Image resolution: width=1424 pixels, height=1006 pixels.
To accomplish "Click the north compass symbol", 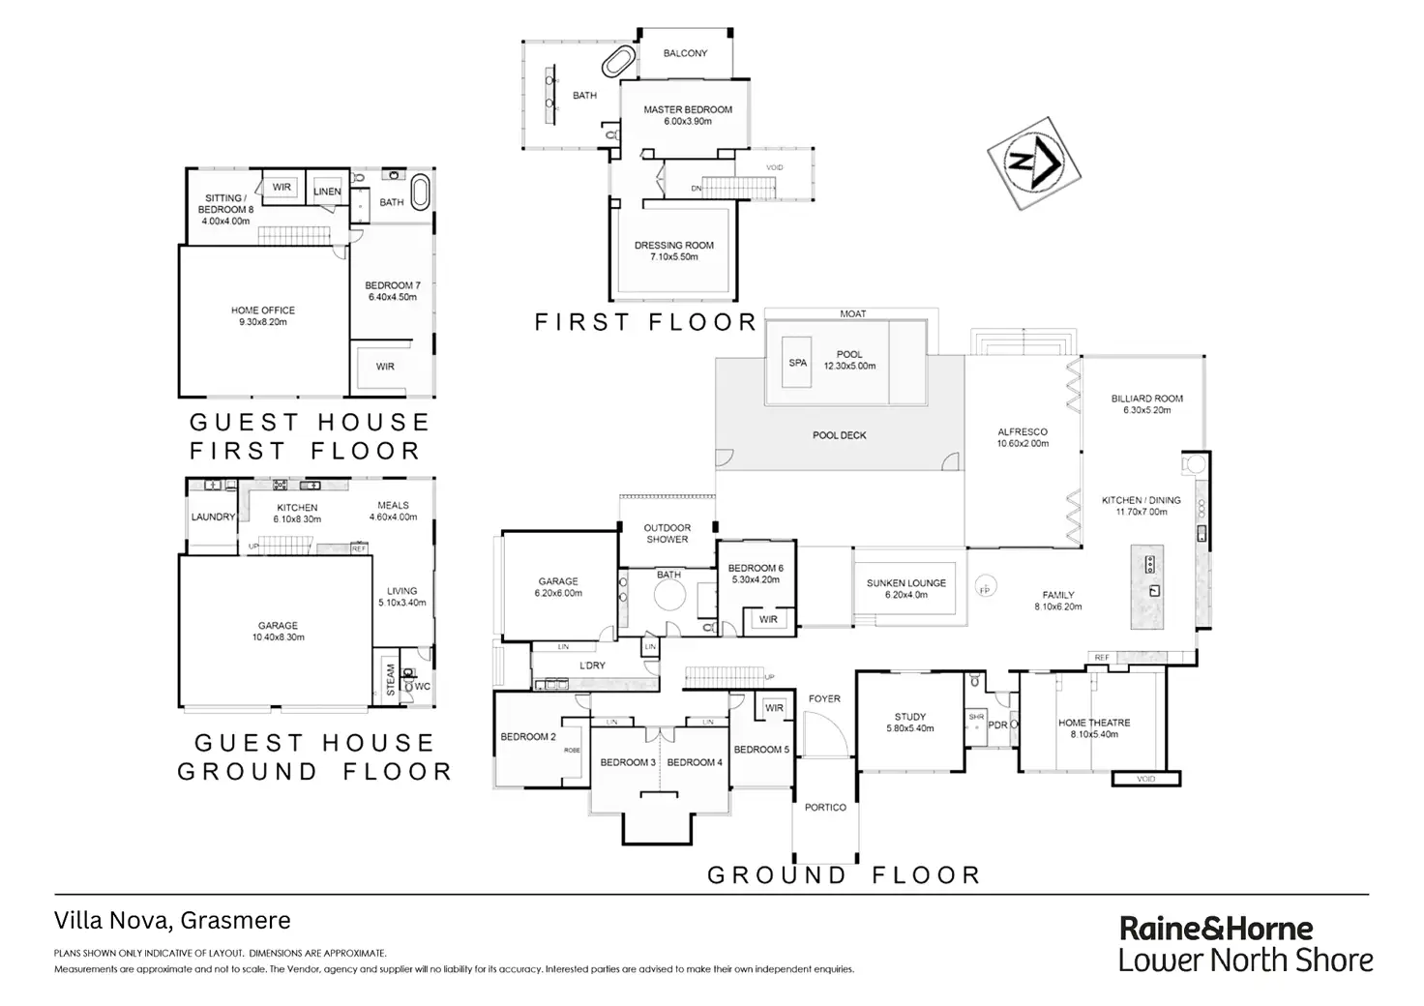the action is (x=1033, y=163).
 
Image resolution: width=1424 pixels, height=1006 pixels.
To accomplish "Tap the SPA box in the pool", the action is (x=798, y=363).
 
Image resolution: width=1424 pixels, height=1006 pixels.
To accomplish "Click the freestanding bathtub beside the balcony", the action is (x=618, y=63).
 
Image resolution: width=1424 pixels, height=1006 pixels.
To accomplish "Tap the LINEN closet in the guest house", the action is (x=327, y=191).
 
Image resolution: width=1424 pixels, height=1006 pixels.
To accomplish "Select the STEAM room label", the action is (x=391, y=680).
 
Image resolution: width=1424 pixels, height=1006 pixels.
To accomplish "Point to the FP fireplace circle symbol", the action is (x=985, y=589).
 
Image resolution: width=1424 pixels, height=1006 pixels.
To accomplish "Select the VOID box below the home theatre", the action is (x=1146, y=778).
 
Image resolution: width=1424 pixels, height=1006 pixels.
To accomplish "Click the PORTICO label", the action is (x=825, y=807).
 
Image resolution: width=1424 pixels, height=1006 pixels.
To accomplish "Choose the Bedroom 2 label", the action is (x=528, y=736).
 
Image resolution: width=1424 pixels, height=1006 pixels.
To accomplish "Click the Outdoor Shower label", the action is (x=667, y=533).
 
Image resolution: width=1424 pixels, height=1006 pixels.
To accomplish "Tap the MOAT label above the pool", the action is (x=853, y=313).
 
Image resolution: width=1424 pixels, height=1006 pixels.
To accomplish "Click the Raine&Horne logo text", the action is (x=1216, y=929).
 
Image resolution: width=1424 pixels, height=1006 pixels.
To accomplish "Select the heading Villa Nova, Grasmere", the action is (x=172, y=921).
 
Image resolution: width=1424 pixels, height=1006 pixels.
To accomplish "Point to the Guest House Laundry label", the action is (x=213, y=517).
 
